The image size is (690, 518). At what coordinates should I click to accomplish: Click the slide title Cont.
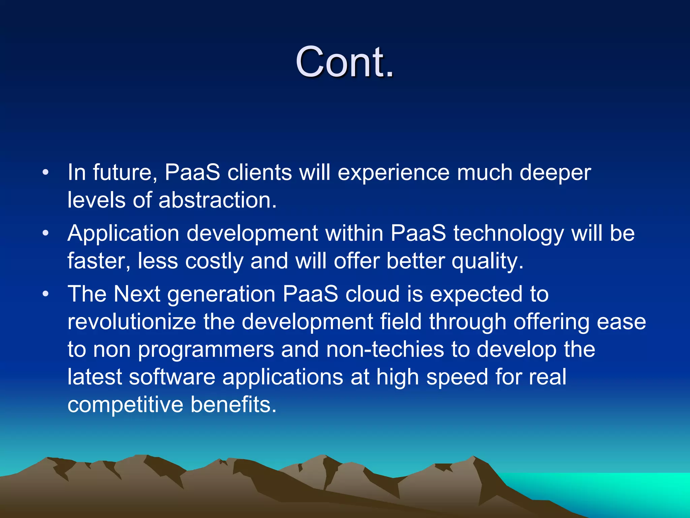pyautogui.click(x=344, y=62)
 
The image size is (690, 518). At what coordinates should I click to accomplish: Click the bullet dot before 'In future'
pyautogui.click(x=46, y=173)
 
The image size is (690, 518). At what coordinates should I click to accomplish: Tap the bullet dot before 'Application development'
pyautogui.click(x=46, y=233)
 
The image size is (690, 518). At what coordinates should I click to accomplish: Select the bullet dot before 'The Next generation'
pyautogui.click(x=46, y=294)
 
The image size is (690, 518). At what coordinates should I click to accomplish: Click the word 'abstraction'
pyautogui.click(x=217, y=200)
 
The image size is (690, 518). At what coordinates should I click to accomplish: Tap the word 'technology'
pyautogui.click(x=508, y=233)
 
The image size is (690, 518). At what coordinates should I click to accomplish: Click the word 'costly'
pyautogui.click(x=214, y=261)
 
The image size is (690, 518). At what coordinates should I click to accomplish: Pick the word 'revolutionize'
pyautogui.click(x=131, y=321)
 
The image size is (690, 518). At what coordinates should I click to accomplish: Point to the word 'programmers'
pyautogui.click(x=206, y=350)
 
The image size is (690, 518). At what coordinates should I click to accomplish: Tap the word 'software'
pyautogui.click(x=172, y=377)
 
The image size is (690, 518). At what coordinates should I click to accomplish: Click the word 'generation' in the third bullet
pyautogui.click(x=221, y=294)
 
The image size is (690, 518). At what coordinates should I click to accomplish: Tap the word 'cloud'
pyautogui.click(x=372, y=294)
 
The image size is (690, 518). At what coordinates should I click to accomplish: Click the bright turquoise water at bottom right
pyautogui.click(x=623, y=489)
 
